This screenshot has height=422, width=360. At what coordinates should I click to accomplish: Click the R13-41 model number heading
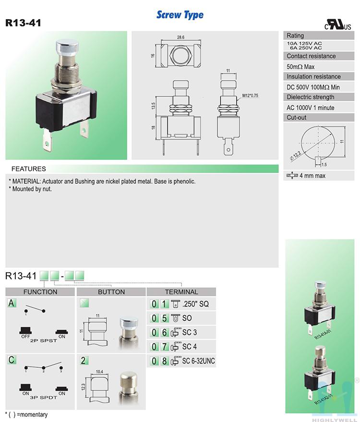point(23,23)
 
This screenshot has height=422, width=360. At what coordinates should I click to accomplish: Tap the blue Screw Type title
point(180,15)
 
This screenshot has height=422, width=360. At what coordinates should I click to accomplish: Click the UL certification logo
point(337,24)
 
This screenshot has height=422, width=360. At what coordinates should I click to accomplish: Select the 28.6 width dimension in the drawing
point(181,37)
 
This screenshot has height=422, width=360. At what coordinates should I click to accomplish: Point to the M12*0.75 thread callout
point(250,95)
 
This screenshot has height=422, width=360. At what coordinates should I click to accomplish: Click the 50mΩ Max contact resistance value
point(300,67)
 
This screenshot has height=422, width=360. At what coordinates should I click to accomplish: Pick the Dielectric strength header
point(311,97)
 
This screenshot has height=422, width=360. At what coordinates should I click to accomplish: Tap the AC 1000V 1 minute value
point(311,108)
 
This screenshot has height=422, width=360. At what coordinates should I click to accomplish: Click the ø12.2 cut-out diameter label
point(295,156)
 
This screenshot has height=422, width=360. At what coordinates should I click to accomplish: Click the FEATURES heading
point(28,169)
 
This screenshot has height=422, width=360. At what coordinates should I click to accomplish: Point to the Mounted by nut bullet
point(30,189)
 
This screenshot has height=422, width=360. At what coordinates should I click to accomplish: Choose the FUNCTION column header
point(40,292)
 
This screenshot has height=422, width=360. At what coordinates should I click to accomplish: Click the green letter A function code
point(11,303)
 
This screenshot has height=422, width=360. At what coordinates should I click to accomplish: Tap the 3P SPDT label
point(44,398)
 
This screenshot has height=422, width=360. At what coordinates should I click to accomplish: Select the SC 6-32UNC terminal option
point(198,361)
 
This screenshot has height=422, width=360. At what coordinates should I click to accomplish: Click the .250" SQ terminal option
point(195,304)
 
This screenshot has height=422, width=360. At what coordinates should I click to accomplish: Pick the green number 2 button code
point(84,361)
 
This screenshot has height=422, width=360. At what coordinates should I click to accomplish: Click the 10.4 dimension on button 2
point(99,372)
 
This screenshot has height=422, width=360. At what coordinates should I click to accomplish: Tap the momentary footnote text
point(26,414)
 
